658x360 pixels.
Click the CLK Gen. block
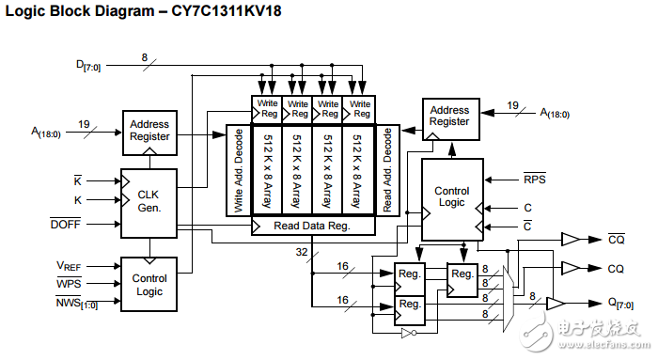point(149,201)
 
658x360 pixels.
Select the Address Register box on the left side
point(149,131)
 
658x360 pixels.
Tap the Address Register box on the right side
point(448,116)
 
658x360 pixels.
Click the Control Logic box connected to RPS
point(451,197)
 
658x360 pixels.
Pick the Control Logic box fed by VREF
point(149,284)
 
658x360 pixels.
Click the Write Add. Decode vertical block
point(238,171)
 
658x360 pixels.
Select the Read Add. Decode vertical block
point(386,171)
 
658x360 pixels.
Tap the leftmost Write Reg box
point(267,110)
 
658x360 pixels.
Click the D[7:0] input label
point(89,65)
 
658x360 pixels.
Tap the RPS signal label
point(534,177)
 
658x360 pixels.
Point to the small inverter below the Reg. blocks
point(406,332)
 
